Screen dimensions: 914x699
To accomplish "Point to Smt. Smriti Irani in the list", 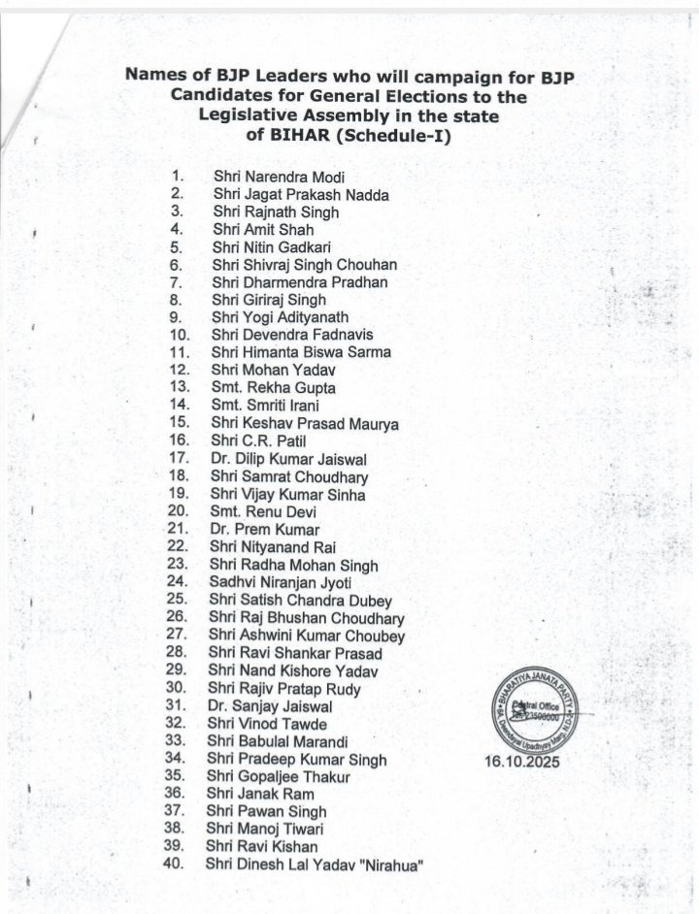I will click(x=257, y=407).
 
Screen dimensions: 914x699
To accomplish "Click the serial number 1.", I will click(x=177, y=178).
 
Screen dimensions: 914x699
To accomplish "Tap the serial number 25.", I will click(x=176, y=600).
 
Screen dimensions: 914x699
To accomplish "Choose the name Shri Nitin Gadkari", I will click(x=257, y=247).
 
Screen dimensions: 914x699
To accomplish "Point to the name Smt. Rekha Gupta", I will click(x=259, y=388).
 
